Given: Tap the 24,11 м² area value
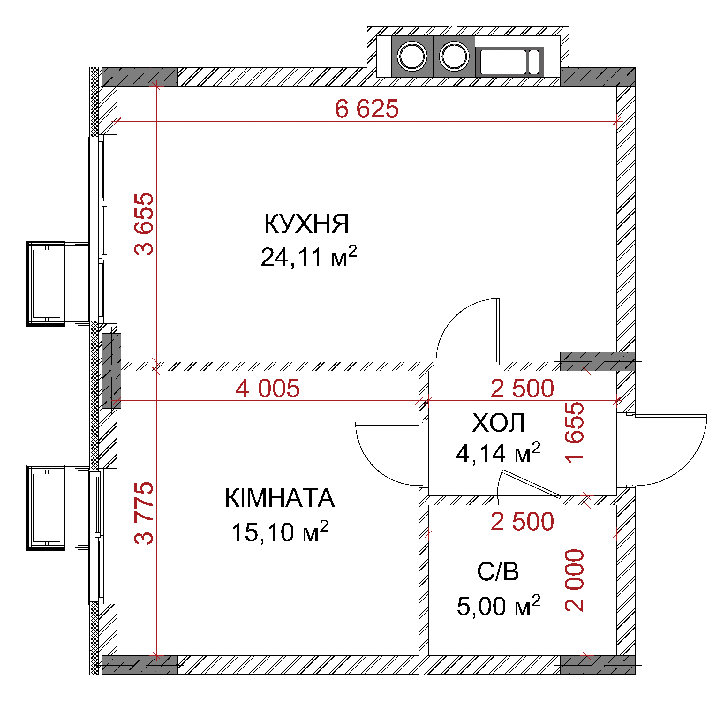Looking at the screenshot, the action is click(x=309, y=257).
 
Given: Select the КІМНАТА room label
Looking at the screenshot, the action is click(x=280, y=498).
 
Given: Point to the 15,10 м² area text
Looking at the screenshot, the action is click(x=280, y=531).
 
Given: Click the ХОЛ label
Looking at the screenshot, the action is click(x=498, y=423).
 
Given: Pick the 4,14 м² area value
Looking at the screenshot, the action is click(x=498, y=453).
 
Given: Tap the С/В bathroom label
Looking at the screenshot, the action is click(x=498, y=571).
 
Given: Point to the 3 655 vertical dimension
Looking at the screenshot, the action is click(x=144, y=224).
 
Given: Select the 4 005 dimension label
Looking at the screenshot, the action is click(x=268, y=389).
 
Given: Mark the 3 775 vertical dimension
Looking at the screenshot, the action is click(x=144, y=513).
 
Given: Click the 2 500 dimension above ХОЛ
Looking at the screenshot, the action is click(x=522, y=389).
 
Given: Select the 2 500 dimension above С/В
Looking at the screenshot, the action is click(x=522, y=522).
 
